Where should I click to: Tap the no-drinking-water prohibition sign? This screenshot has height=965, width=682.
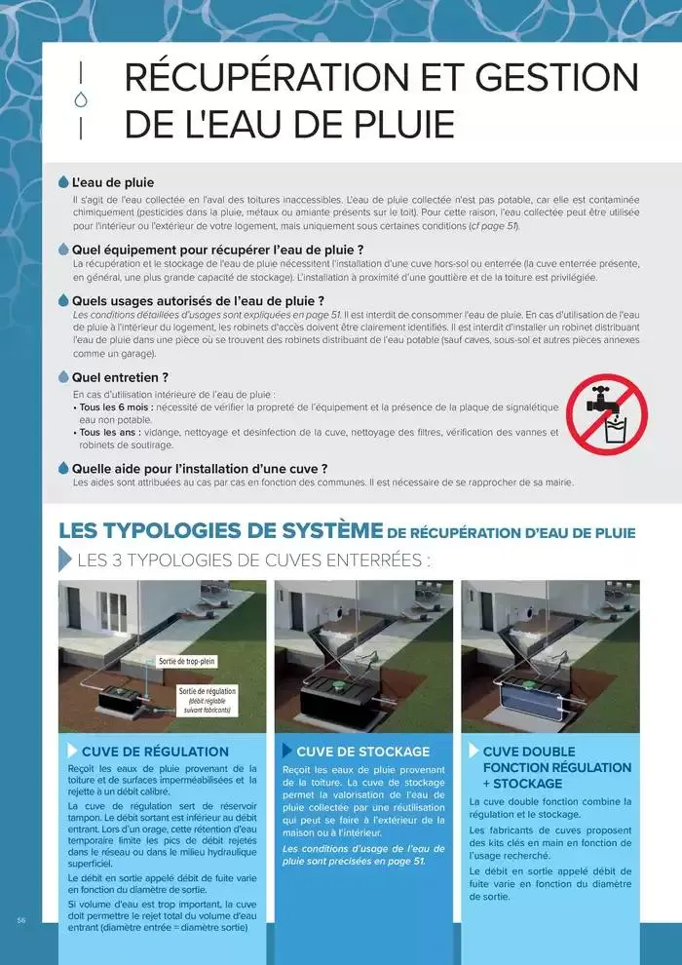click(607, 415)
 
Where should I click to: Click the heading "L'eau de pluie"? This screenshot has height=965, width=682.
click(112, 182)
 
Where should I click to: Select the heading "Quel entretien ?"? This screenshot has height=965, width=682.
click(120, 376)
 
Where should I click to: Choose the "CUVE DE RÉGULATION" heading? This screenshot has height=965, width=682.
click(155, 752)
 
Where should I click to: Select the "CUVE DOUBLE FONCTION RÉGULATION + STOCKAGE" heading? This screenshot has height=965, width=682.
click(556, 767)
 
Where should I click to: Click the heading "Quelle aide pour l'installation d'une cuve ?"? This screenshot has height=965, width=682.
click(200, 468)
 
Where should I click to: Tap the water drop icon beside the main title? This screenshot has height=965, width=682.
click(81, 99)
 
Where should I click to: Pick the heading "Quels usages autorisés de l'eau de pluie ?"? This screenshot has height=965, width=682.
click(198, 301)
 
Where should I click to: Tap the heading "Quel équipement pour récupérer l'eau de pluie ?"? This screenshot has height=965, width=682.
click(217, 250)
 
